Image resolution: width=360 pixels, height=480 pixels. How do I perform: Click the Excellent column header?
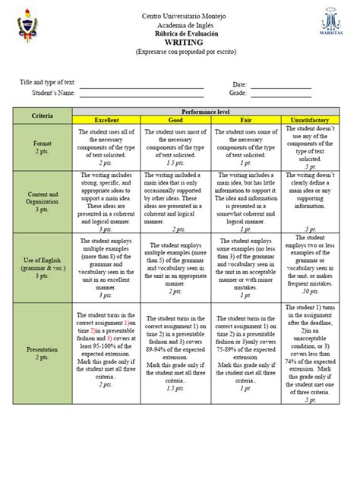(106, 120)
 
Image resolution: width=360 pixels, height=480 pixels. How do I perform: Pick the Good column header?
(177, 120)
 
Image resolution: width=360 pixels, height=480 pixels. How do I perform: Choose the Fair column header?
(246, 120)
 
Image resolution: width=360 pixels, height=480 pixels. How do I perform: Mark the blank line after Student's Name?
(142, 96)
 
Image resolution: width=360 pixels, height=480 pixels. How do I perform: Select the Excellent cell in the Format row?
(106, 147)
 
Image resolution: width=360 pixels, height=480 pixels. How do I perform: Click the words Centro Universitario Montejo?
(179, 17)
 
